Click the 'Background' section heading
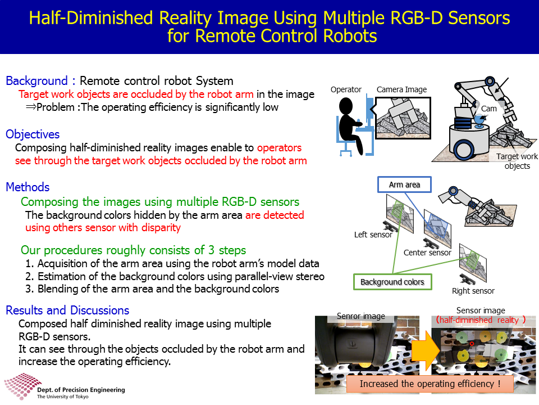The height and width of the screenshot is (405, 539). (37, 81)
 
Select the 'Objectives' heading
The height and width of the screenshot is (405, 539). (33, 134)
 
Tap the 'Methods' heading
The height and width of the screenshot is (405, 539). (28, 187)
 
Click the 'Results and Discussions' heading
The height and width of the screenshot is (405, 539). (68, 310)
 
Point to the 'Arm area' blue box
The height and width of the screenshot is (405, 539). (404, 184)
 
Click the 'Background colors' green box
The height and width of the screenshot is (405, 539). (392, 282)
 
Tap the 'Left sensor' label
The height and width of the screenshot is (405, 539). (373, 235)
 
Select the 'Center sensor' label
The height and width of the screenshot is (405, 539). (427, 253)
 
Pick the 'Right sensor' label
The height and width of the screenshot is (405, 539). (473, 291)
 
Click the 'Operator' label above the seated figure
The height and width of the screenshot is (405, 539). (346, 89)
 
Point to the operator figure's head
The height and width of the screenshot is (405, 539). (346, 105)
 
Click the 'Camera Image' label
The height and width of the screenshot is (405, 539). (401, 89)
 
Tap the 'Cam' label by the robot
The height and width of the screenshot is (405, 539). (489, 109)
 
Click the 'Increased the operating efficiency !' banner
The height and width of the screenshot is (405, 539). (430, 384)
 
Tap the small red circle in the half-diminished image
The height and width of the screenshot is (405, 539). (472, 344)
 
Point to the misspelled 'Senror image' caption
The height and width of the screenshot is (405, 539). (360, 316)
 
